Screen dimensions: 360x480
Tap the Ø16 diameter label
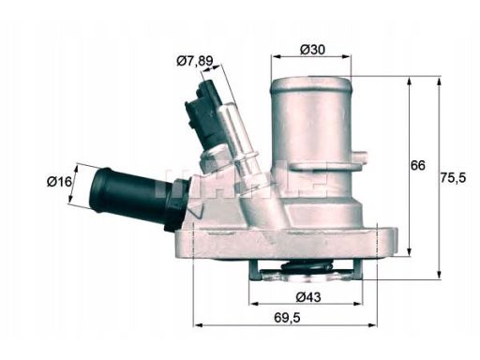point(60,182)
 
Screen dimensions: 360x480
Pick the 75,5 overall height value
point(457,175)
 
